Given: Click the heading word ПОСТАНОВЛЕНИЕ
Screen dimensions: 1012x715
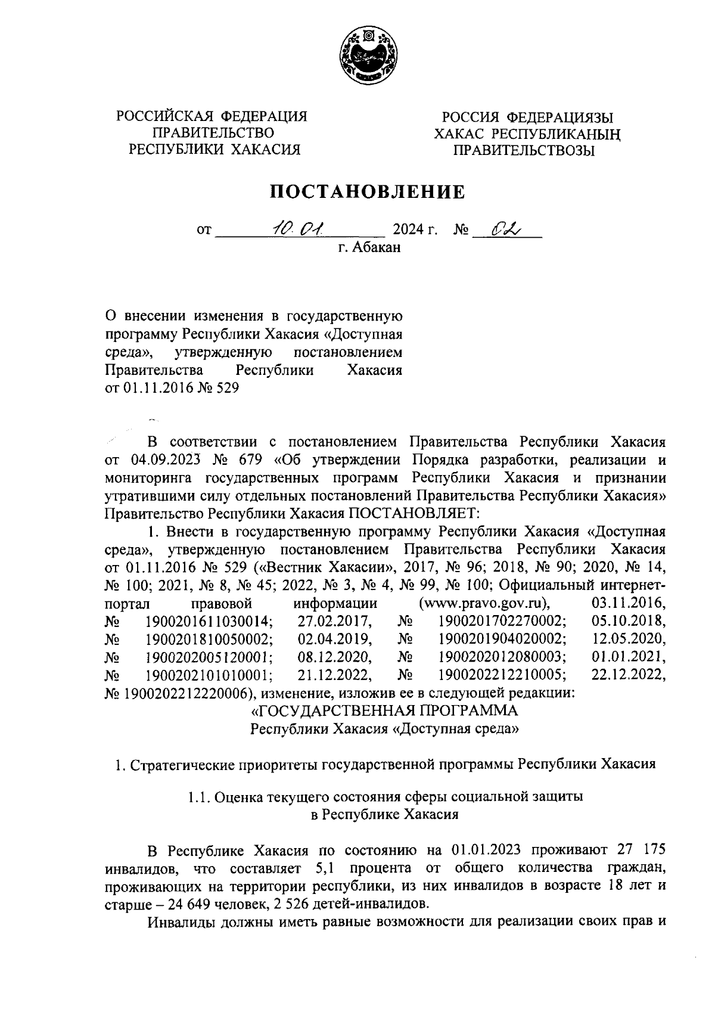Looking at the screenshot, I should [x=368, y=191].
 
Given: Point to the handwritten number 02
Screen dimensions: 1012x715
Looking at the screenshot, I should [x=505, y=228].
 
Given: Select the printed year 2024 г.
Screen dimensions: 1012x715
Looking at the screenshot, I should [x=416, y=229].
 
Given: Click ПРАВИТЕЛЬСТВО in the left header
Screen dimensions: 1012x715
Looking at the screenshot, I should [x=213, y=132].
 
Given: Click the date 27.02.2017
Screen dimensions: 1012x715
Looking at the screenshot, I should [x=335, y=620].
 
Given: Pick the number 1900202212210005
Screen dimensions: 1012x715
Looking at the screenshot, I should [x=502, y=674].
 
